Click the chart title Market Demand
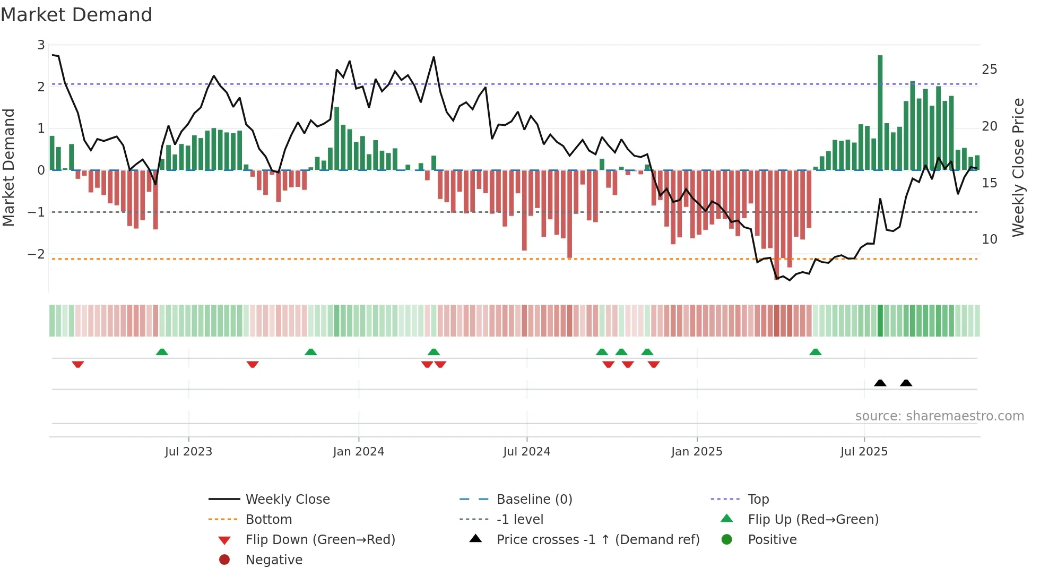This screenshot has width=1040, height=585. click(x=76, y=15)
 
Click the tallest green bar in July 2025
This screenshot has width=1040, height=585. click(x=880, y=111)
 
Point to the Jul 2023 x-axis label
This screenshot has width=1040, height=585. click(x=188, y=452)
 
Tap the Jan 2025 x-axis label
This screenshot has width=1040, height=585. click(x=696, y=452)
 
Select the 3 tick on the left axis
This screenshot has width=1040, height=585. click(x=41, y=45)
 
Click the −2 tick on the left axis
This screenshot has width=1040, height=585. click(x=37, y=254)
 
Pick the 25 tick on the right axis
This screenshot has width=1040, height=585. click(x=989, y=70)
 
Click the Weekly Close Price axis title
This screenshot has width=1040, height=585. click(x=1018, y=167)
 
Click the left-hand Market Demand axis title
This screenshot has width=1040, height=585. click(x=9, y=167)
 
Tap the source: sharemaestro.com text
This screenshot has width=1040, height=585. click(x=939, y=416)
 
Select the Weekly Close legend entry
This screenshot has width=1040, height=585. click(x=287, y=500)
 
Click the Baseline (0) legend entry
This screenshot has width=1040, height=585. click(x=534, y=500)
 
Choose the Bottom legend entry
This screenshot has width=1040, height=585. click(x=268, y=520)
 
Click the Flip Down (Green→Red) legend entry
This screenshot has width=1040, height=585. click(x=320, y=540)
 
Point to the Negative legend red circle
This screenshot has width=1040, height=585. click(x=224, y=560)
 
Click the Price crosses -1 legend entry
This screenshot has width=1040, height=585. click(x=597, y=540)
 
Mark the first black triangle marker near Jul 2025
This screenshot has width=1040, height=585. click(x=880, y=383)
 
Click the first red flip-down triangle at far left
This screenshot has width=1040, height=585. click(x=78, y=364)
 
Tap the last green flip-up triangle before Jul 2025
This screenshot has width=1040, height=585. click(x=815, y=352)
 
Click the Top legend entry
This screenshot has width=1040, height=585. click(x=758, y=500)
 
